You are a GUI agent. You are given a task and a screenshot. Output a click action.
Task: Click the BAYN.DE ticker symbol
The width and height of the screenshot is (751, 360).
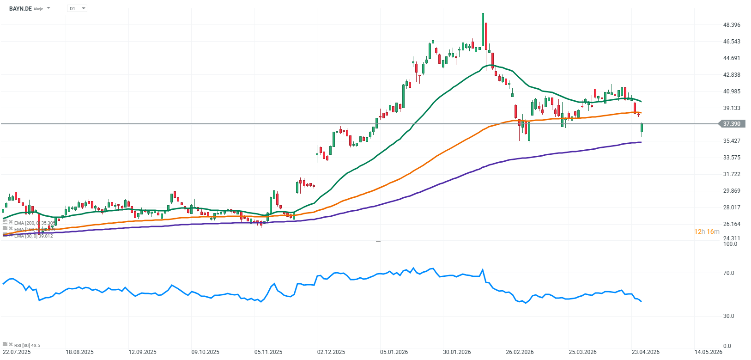pos(20,8)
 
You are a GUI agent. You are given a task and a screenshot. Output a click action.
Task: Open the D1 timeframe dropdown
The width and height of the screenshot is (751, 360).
pos(77,8)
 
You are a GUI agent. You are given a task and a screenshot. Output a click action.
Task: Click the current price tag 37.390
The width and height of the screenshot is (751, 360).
pos(732,124)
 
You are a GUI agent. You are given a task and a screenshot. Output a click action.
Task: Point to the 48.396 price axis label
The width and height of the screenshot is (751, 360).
pos(732,25)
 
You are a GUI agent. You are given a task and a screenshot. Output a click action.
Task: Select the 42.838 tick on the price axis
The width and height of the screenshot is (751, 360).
pos(732,75)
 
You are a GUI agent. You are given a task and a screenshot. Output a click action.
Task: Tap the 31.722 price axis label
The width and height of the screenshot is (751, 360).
pos(732,174)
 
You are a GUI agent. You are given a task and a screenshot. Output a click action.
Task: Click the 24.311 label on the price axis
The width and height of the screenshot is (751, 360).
pos(732,238)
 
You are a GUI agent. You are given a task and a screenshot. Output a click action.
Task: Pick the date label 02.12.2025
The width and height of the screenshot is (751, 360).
pos(331,352)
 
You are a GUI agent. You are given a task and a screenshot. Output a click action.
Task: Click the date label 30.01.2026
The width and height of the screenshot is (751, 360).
pos(457,352)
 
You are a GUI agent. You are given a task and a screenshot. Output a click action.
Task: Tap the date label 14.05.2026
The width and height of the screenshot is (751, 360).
pos(708,352)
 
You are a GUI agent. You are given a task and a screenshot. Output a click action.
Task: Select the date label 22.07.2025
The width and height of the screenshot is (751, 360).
pos(17,352)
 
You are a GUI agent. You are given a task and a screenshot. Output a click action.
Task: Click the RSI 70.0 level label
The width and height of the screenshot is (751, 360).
pos(728,273)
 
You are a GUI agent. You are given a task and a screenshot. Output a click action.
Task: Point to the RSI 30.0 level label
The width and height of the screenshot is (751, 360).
pos(728,316)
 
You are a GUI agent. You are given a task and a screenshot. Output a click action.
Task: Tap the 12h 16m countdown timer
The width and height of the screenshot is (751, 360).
pos(707,232)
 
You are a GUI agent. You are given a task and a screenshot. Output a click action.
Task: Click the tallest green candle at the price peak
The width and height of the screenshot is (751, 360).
pos(483,30)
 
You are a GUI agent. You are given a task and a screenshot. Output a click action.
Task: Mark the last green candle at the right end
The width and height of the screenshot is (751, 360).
pos(642,128)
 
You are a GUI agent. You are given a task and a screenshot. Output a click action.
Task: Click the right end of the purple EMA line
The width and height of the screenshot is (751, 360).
pos(641,142)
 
